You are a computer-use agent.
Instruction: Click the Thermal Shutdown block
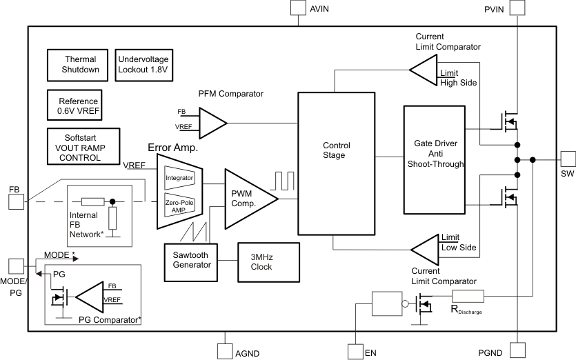coord(79,64)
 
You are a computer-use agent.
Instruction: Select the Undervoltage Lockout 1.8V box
coord(143,64)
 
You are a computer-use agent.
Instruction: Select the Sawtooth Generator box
coord(191,261)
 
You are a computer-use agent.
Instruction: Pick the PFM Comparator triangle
coord(210,122)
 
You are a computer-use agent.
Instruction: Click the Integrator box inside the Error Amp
coord(180,177)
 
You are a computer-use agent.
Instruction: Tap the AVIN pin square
coord(297,8)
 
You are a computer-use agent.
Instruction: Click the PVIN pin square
coord(517,8)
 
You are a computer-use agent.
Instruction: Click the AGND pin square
coord(226,352)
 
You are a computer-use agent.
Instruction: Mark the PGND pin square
coord(517,352)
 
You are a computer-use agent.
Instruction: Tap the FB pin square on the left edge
coord(15,201)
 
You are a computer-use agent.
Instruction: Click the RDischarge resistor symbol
coord(468,297)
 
